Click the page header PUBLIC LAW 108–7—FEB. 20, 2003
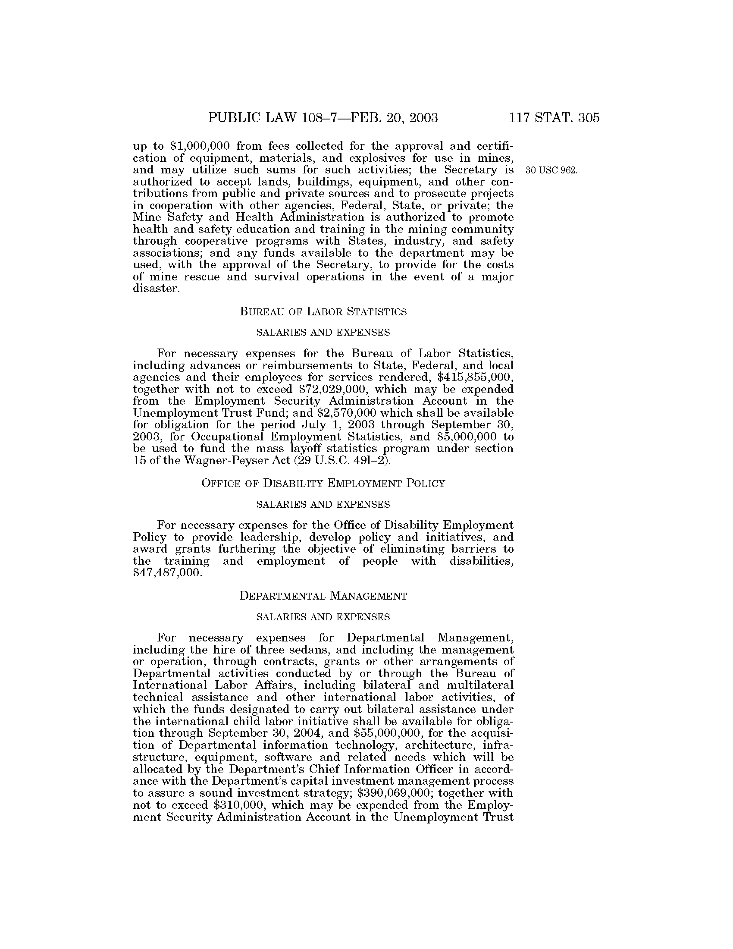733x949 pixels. [x=323, y=118]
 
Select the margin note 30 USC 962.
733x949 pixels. [x=551, y=170]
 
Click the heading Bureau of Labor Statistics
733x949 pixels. [x=323, y=311]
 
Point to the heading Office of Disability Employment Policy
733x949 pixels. [x=323, y=484]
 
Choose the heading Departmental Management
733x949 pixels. [x=323, y=596]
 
